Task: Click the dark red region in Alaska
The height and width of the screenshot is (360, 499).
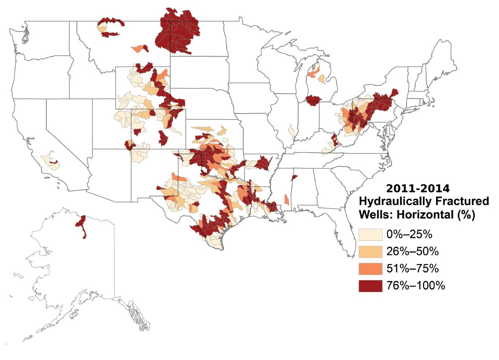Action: click(x=82, y=225)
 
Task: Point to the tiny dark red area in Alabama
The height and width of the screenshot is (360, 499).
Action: click(x=294, y=177)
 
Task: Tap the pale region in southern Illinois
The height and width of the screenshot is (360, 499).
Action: click(x=292, y=132)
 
